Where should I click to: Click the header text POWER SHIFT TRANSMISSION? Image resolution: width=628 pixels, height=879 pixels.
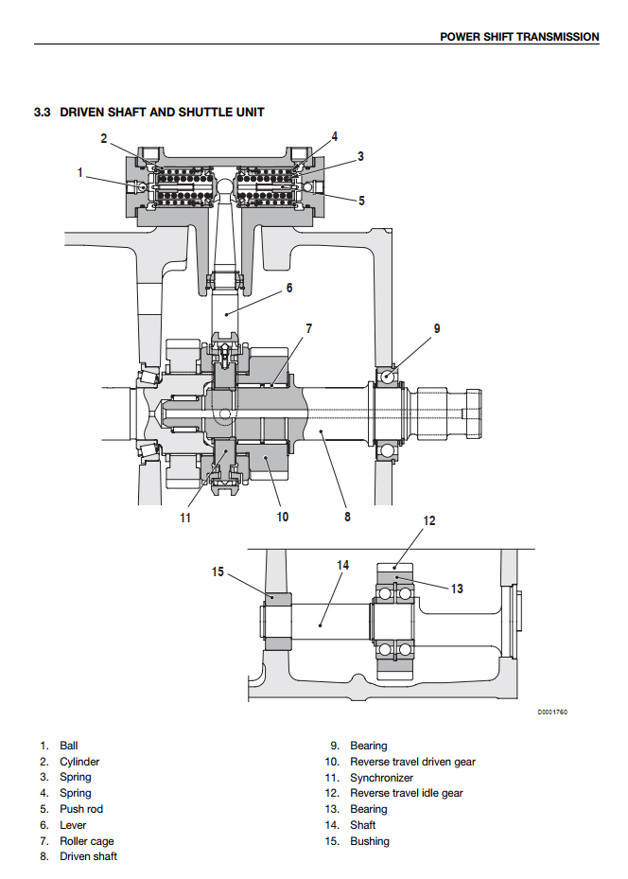pyautogui.click(x=519, y=37)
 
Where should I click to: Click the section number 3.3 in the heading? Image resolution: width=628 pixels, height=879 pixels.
pyautogui.click(x=43, y=113)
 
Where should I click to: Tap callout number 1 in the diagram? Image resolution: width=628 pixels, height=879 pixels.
pyautogui.click(x=80, y=172)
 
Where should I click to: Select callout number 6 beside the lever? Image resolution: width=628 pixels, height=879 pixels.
pyautogui.click(x=289, y=288)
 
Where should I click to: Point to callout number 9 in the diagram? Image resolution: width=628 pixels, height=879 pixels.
pyautogui.click(x=437, y=329)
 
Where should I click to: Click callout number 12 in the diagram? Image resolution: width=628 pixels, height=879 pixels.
pyautogui.click(x=428, y=520)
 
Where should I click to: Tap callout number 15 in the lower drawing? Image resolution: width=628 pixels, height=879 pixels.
pyautogui.click(x=218, y=571)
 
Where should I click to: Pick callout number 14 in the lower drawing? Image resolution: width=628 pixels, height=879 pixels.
pyautogui.click(x=342, y=565)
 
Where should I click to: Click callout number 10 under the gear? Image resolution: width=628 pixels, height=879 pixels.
pyautogui.click(x=282, y=517)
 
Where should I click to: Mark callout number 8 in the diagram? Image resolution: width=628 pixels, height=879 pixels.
pyautogui.click(x=347, y=517)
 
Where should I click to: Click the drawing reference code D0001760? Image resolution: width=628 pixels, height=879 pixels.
pyautogui.click(x=552, y=712)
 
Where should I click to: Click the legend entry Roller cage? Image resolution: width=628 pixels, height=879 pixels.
pyautogui.click(x=87, y=841)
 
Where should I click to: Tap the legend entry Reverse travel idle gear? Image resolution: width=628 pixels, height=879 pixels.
pyautogui.click(x=406, y=793)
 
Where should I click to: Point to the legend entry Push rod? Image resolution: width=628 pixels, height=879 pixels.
pyautogui.click(x=81, y=809)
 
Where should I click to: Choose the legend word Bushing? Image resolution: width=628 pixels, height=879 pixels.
pyautogui.click(x=370, y=841)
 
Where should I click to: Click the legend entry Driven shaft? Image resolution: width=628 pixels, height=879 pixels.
pyautogui.click(x=89, y=856)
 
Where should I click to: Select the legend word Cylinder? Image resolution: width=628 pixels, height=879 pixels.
pyautogui.click(x=79, y=762)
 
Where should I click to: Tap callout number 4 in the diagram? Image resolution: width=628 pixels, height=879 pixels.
pyautogui.click(x=334, y=136)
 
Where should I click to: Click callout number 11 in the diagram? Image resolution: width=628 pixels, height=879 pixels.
pyautogui.click(x=186, y=518)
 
